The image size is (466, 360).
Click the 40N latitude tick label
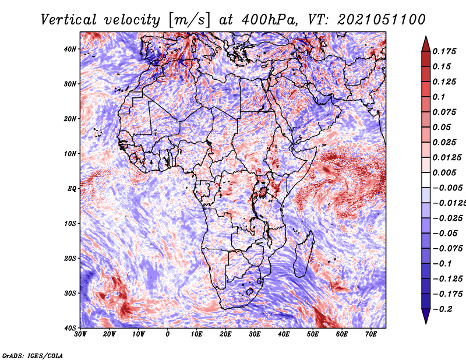coord(70,49)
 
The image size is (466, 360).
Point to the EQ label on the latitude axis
coord(72,189)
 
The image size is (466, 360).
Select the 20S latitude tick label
coord(70,258)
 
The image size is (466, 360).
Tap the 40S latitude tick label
coord(70,328)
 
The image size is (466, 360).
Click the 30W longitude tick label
coord(80,334)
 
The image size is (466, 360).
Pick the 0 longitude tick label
coord(168,334)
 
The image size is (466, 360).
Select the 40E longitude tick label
coord(284,334)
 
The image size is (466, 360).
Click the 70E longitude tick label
coord(371,334)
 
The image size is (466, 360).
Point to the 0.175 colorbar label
coord(444,51)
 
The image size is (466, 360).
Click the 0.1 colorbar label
coord(439,97)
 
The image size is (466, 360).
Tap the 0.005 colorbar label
coord(444,172)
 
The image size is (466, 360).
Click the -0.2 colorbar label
coord(442,309)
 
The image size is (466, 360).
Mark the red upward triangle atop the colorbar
coord(426,44)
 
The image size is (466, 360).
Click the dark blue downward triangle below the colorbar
coord(426,316)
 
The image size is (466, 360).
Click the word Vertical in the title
coord(69,20)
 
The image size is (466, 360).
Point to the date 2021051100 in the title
coord(382,20)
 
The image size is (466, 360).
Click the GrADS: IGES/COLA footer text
coord(33,355)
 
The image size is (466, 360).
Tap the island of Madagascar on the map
coord(303,256)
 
